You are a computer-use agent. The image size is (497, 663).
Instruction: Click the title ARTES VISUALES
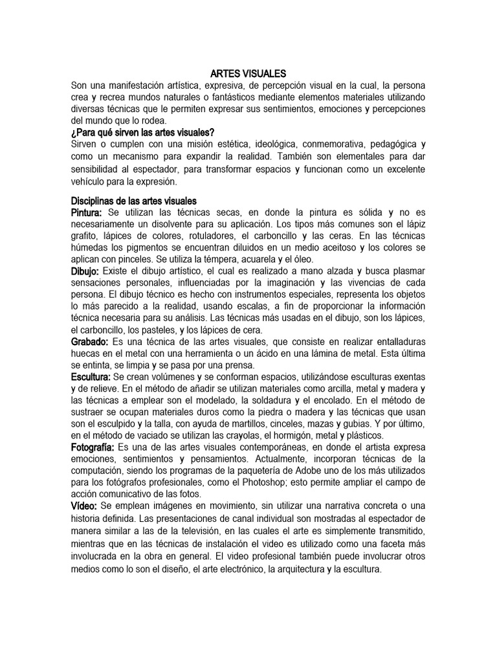(x=248, y=74)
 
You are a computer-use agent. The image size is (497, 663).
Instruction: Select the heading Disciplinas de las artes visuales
(x=134, y=201)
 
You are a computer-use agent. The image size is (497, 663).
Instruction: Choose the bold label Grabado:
(x=89, y=341)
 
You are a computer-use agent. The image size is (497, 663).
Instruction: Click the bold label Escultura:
(x=91, y=376)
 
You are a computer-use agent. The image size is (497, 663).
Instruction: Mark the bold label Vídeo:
(x=84, y=505)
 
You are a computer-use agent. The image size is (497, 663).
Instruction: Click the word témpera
(x=204, y=259)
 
